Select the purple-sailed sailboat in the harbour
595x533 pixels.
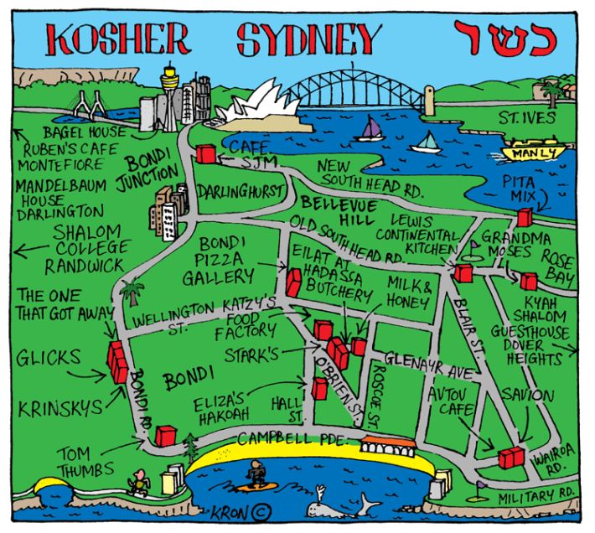tap(369, 130)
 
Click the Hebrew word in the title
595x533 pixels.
tap(503, 39)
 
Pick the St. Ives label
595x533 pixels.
tap(527, 117)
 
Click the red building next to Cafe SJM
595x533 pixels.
tap(206, 154)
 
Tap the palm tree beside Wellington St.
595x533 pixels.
tap(132, 293)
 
